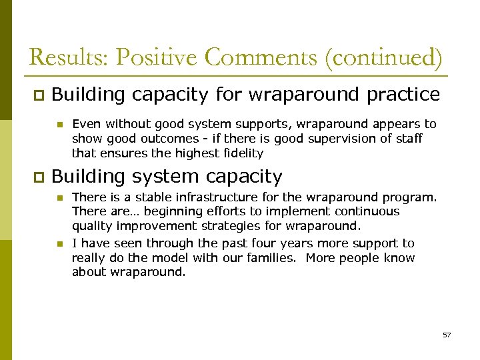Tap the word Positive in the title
[x=157, y=57]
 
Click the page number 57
[x=447, y=335]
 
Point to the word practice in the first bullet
[x=403, y=95]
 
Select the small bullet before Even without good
[x=59, y=124]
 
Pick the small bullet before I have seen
[x=59, y=244]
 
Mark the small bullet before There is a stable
[x=59, y=197]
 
